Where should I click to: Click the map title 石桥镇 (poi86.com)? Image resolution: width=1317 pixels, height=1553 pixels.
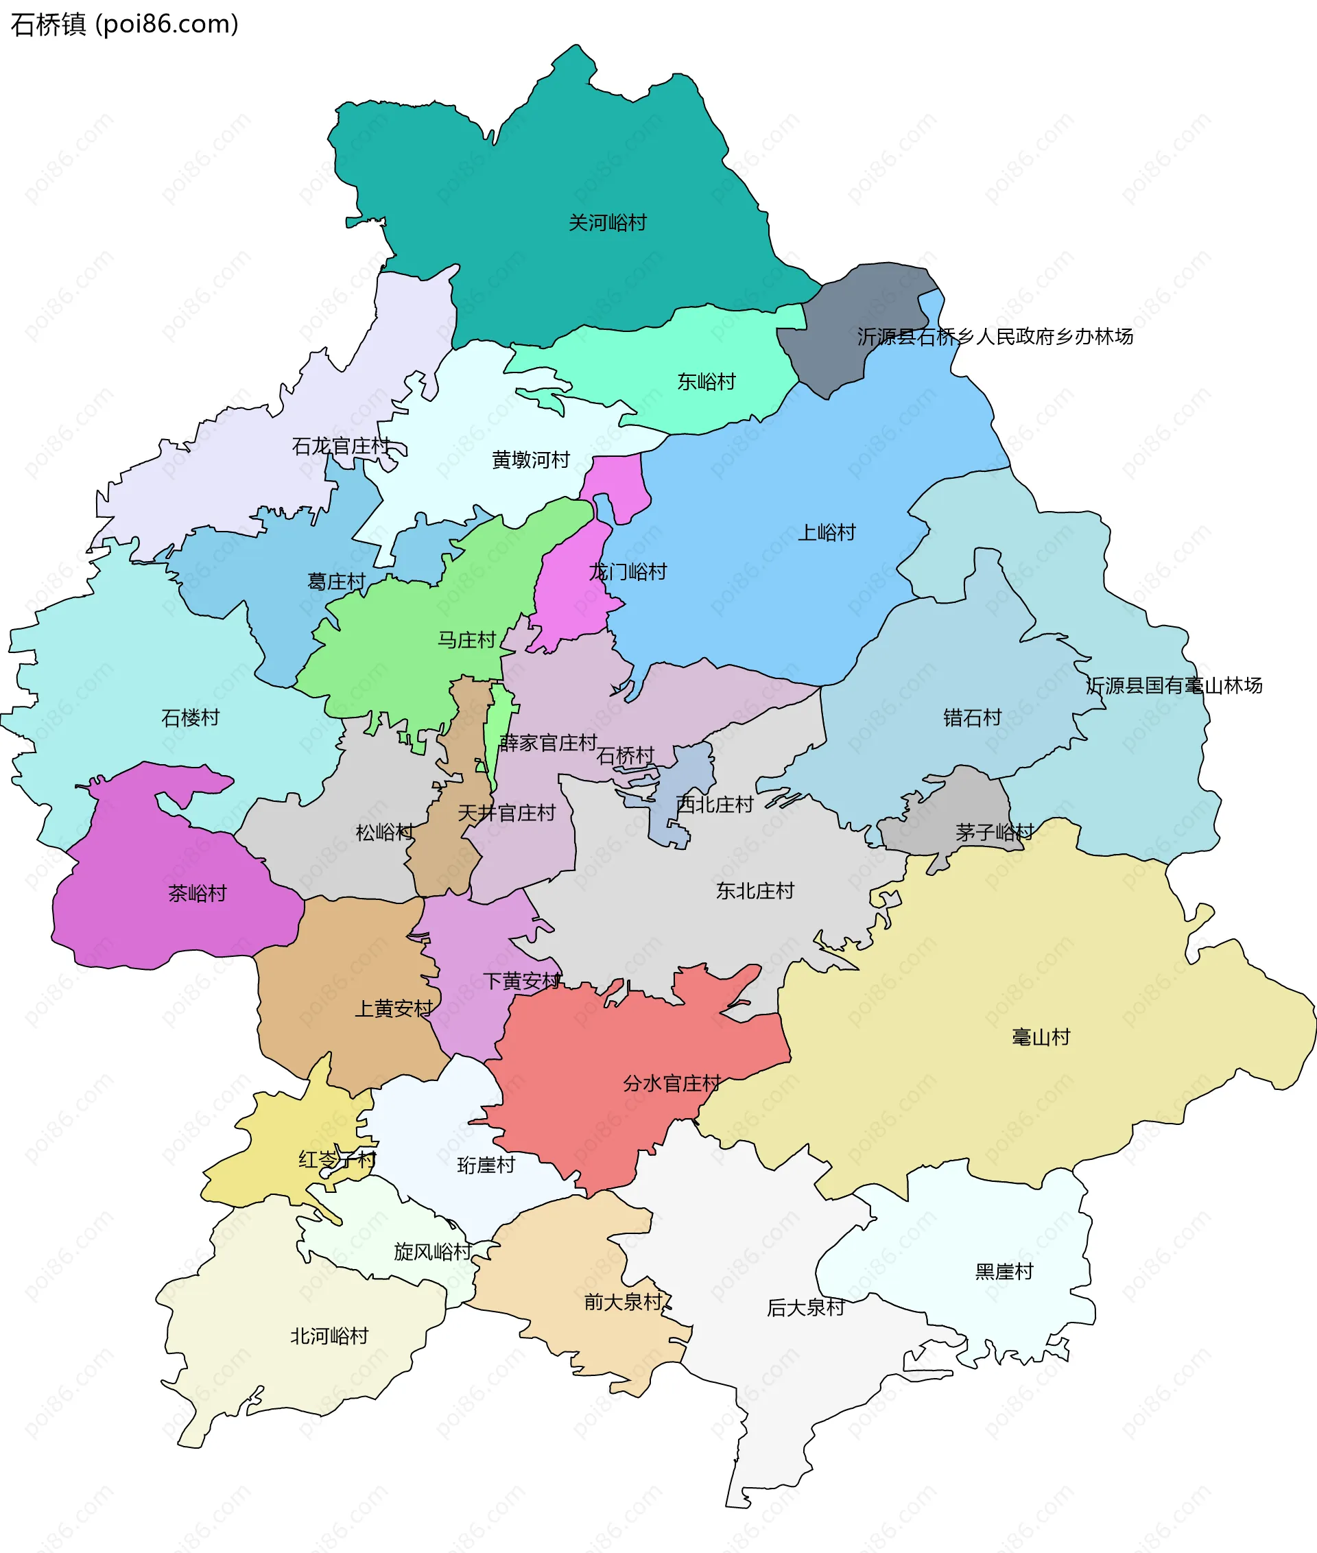coord(124,24)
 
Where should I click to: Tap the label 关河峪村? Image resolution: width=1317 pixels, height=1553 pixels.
coord(607,222)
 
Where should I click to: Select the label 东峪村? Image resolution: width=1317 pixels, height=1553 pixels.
coord(706,381)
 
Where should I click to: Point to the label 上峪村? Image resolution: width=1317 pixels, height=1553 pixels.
coord(826,532)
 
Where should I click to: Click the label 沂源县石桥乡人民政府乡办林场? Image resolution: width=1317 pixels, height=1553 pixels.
coord(995,337)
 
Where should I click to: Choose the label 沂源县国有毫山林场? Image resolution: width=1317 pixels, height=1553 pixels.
coord(1174,685)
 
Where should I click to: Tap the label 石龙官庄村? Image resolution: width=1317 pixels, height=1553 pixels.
coord(340,447)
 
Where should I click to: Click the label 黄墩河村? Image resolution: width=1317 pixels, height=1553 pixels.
coord(530,460)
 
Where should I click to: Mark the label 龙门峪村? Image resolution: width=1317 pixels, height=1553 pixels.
coord(627,572)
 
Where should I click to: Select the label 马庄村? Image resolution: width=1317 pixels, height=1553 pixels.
coord(466,640)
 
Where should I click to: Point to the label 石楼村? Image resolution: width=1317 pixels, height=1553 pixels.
coord(191,718)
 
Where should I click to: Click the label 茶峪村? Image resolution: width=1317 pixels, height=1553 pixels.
coord(197,893)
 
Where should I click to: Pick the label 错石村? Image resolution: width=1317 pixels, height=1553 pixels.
coord(971,718)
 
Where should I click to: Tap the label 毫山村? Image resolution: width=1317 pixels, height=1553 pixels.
coord(1040,1036)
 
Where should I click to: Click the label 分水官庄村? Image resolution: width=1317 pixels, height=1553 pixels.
coord(672,1082)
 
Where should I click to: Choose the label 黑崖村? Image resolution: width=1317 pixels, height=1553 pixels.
coord(1004,1271)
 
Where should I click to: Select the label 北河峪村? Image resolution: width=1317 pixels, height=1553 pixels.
coord(329,1336)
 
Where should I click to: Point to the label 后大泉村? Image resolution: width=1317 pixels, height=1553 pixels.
coord(805,1307)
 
